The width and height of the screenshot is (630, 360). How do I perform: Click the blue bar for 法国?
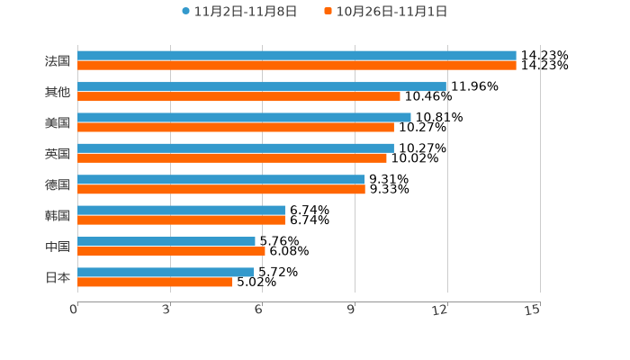pyautogui.click(x=297, y=56)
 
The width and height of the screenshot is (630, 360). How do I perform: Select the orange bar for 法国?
pyautogui.click(x=297, y=66)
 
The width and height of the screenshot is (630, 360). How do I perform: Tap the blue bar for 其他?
pyautogui.click(x=262, y=86)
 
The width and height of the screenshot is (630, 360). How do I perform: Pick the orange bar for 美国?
pyautogui.click(x=236, y=127)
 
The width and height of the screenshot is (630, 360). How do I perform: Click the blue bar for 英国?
pyautogui.click(x=236, y=148)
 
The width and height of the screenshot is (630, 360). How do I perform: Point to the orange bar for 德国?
pyautogui.click(x=221, y=189)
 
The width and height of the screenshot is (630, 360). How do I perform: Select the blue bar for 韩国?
pyautogui.click(x=181, y=210)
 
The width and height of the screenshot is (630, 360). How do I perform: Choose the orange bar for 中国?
pyautogui.click(x=171, y=251)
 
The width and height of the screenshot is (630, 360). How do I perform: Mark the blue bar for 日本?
pyautogui.click(x=166, y=272)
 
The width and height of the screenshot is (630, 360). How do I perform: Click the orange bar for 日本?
pyautogui.click(x=155, y=282)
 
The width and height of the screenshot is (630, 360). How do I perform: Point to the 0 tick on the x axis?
pyautogui.click(x=75, y=310)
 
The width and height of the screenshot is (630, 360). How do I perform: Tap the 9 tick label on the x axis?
pyautogui.click(x=352, y=310)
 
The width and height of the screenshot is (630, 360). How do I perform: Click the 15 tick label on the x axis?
pyautogui.click(x=533, y=310)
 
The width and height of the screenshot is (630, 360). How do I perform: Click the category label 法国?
pyautogui.click(x=58, y=61)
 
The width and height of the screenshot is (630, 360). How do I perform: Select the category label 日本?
pyautogui.click(x=58, y=277)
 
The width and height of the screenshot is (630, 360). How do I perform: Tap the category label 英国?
pyautogui.click(x=58, y=153)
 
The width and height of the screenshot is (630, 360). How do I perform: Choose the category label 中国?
pyautogui.click(x=58, y=247)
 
